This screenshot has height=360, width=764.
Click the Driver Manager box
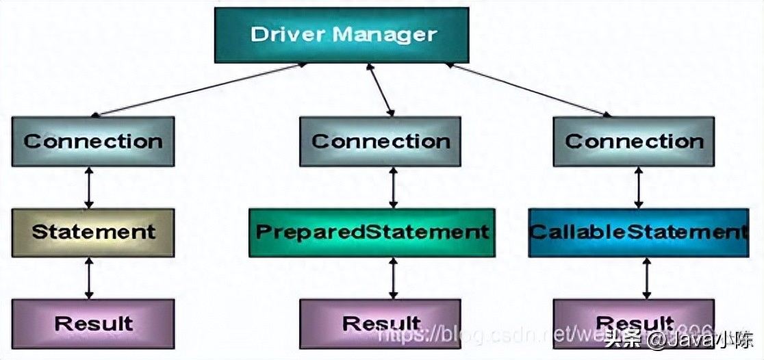tap(342, 34)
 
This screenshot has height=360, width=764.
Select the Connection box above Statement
tap(93, 142)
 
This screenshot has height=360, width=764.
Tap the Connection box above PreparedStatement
tap(380, 142)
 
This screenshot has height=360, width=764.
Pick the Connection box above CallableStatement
tap(633, 142)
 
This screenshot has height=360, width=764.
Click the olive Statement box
tap(93, 232)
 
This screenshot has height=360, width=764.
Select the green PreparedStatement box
tap(372, 232)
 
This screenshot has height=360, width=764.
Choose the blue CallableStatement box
tap(638, 232)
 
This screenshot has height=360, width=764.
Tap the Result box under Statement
tap(93, 323)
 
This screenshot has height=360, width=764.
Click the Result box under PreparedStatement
tap(380, 323)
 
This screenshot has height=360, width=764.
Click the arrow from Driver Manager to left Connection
tap(199, 90)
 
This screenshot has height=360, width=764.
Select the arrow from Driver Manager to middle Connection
tap(381, 90)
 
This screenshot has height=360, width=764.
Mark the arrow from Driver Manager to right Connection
tap(527, 90)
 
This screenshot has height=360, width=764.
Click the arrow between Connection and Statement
tap(88, 188)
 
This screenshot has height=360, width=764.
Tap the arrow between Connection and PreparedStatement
tap(393, 188)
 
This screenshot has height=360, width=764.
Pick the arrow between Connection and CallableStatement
tap(638, 188)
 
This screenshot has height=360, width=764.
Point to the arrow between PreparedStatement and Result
tap(393, 278)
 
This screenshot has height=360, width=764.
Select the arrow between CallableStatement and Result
tap(646, 278)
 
